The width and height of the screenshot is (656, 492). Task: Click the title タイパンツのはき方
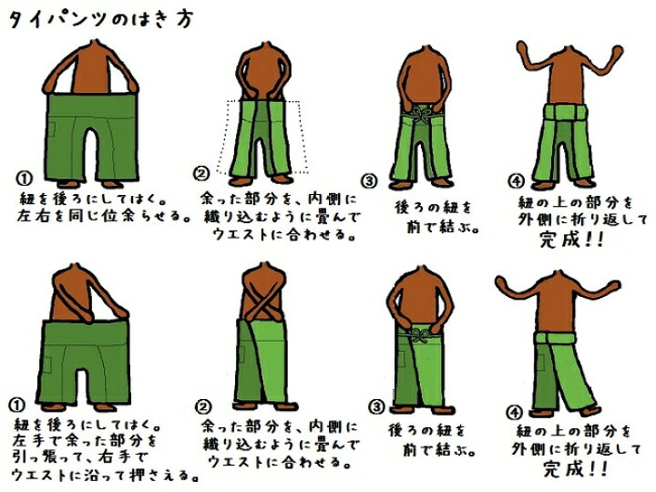pyautogui.click(x=101, y=20)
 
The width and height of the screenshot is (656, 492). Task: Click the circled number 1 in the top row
pyautogui.click(x=24, y=179)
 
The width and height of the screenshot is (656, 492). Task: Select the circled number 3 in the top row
pyautogui.click(x=369, y=180)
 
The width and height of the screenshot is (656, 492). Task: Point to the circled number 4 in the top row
pyautogui.click(x=516, y=181)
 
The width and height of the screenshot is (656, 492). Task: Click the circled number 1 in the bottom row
pyautogui.click(x=16, y=405)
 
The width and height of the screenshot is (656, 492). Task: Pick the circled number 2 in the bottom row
pyautogui.click(x=203, y=406)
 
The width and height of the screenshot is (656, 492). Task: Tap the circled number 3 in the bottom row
pyautogui.click(x=376, y=406)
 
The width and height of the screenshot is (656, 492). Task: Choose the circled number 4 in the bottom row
pyautogui.click(x=514, y=413)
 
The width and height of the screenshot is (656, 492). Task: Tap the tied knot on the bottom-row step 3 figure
pyautogui.click(x=420, y=334)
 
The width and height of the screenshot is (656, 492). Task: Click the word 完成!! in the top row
pyautogui.click(x=571, y=240)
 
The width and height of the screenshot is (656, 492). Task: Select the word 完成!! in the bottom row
pyautogui.click(x=575, y=468)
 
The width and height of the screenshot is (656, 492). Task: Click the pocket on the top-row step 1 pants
pyautogui.click(x=51, y=129)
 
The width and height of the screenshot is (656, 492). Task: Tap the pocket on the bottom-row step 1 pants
pyautogui.click(x=46, y=364)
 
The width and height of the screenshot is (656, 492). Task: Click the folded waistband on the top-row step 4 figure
pyautogui.click(x=566, y=113)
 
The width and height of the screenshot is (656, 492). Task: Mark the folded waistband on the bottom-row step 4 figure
pyautogui.click(x=555, y=337)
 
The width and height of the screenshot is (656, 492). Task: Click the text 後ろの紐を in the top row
pyautogui.click(x=433, y=208)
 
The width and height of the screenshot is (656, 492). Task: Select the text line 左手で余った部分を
pyautogui.click(x=84, y=441)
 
